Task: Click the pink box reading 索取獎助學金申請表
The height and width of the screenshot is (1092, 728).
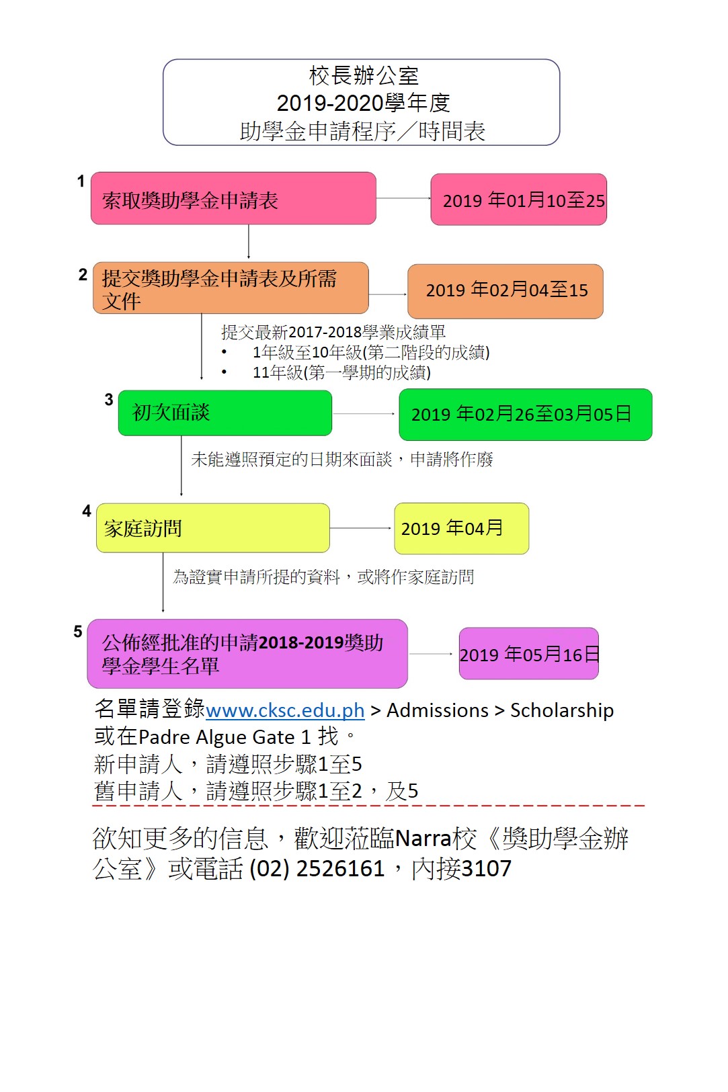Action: [233, 198]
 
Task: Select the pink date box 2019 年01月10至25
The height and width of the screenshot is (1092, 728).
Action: [518, 200]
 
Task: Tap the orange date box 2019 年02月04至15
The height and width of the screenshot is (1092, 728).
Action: [505, 291]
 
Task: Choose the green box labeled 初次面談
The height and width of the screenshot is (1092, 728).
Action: [225, 413]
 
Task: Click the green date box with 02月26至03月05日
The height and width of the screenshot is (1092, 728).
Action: [525, 415]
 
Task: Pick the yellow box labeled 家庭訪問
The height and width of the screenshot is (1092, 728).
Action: [212, 528]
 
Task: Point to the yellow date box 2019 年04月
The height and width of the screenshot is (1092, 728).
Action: [461, 528]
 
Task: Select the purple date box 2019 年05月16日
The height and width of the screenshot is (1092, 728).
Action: [528, 653]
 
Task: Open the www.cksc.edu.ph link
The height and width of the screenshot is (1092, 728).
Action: [285, 710]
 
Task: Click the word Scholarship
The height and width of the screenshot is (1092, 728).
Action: [562, 710]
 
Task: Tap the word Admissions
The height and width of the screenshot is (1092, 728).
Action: [438, 710]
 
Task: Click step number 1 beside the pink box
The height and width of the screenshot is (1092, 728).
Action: [81, 181]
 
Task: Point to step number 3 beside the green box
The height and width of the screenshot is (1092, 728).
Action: [109, 400]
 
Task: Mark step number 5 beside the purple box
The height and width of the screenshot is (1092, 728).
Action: [78, 631]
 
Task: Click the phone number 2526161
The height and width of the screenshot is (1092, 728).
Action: [340, 868]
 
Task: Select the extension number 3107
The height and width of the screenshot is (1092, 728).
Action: [486, 868]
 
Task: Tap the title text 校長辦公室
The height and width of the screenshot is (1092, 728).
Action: [364, 76]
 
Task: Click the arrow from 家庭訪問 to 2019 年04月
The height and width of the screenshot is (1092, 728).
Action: [360, 528]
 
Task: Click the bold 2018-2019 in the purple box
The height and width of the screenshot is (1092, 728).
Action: [301, 642]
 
